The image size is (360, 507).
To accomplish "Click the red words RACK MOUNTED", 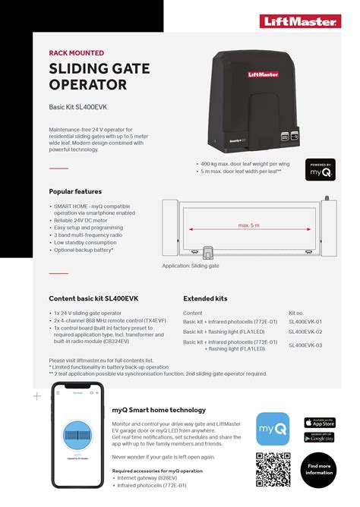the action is coord(77,53).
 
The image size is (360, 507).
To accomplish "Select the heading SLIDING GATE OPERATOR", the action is coord(99,78).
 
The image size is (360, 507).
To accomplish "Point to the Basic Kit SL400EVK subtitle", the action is coord(81,108).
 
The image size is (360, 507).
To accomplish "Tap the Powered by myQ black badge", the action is coord(320,169).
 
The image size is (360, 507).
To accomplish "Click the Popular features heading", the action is coord(75,192).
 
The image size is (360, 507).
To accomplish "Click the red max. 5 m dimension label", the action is coord(248,225).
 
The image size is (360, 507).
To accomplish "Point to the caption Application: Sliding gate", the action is coord(191,266).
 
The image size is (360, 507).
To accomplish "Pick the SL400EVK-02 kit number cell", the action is coord(305,332).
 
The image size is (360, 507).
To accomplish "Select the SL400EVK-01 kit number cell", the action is coord(305,322).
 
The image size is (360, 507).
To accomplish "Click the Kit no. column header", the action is coord(296,313).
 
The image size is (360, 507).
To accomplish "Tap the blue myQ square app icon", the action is coord(273,429).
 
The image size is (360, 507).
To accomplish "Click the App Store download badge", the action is coord(319,423).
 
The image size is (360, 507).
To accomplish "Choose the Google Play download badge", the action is coord(319,437).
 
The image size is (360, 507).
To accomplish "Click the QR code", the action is coord(273,469).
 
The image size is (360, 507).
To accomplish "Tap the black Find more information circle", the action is coord(319,468).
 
